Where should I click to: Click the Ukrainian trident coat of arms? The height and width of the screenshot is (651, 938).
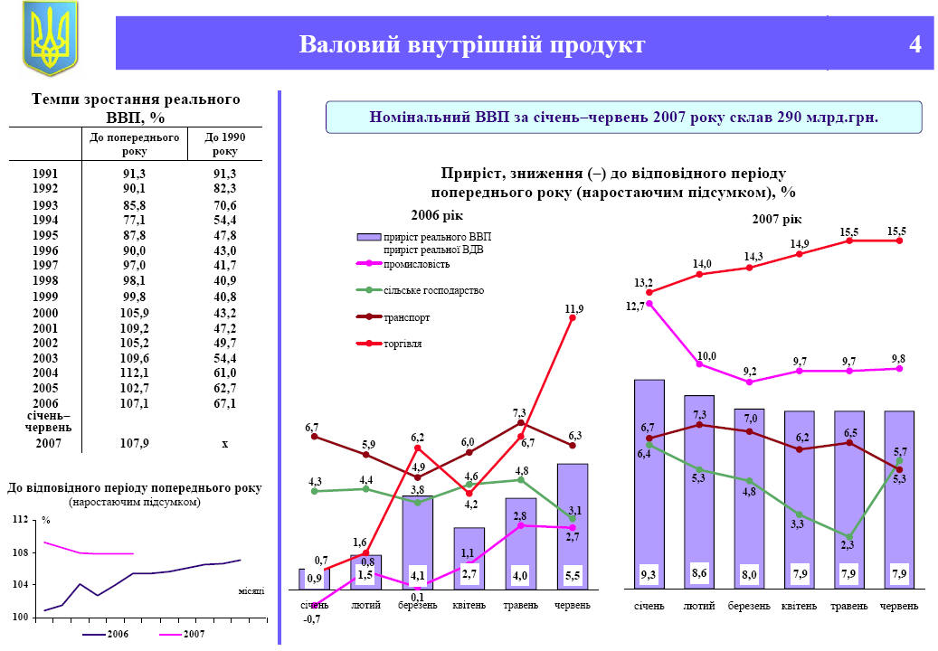50,38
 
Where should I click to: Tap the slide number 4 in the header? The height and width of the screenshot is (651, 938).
915,44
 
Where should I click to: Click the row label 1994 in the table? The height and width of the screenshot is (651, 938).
44,220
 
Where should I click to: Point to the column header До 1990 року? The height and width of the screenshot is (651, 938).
225,145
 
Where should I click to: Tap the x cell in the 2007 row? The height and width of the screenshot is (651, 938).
223,444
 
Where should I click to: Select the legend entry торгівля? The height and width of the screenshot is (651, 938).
403,344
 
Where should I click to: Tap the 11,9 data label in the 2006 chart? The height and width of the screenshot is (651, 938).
573,309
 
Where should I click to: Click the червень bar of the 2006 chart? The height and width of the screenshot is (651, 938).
573,524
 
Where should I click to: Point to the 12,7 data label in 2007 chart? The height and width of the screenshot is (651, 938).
634,306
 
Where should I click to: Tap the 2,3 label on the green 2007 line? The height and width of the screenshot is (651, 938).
848,544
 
